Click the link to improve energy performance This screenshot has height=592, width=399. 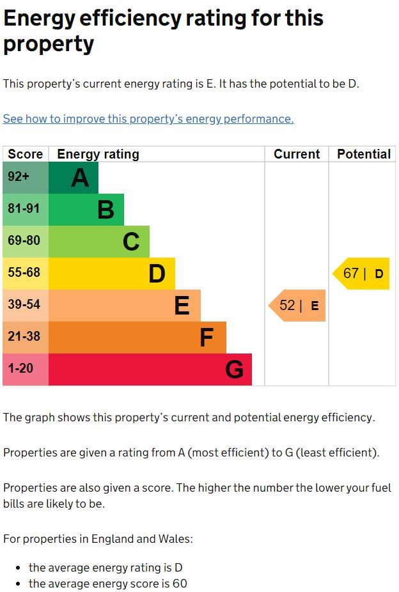pyautogui.click(x=148, y=119)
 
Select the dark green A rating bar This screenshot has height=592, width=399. pyautogui.click(x=74, y=178)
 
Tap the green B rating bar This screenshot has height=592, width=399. pyautogui.click(x=86, y=210)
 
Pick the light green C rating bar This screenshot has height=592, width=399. pyautogui.click(x=99, y=242)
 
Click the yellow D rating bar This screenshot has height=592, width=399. pyautogui.click(x=112, y=274)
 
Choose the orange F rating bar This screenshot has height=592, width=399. pyautogui.click(x=137, y=338)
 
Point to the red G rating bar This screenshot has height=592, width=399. pyautogui.click(x=150, y=370)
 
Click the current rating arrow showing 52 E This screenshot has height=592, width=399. pyautogui.click(x=298, y=306)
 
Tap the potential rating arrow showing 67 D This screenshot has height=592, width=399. pyautogui.click(x=362, y=274)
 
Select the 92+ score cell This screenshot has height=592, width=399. pyautogui.click(x=26, y=178)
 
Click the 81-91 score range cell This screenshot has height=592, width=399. pyautogui.click(x=26, y=210)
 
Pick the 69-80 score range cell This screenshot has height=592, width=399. pyautogui.click(x=26, y=242)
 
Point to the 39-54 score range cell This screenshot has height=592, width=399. pyautogui.click(x=26, y=306)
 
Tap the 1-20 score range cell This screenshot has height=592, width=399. pyautogui.click(x=26, y=370)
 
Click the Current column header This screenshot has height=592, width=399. pyautogui.click(x=297, y=154)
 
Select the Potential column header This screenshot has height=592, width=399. pyautogui.click(x=363, y=154)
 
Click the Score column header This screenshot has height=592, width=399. pyautogui.click(x=26, y=154)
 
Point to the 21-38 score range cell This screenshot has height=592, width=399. pyautogui.click(x=26, y=338)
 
